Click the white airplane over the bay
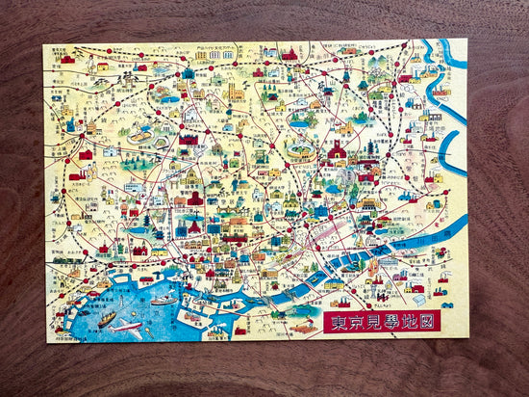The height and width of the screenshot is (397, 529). pyautogui.click(x=125, y=327)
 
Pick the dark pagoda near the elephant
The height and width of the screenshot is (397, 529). pyautogui.click(x=371, y=149)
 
